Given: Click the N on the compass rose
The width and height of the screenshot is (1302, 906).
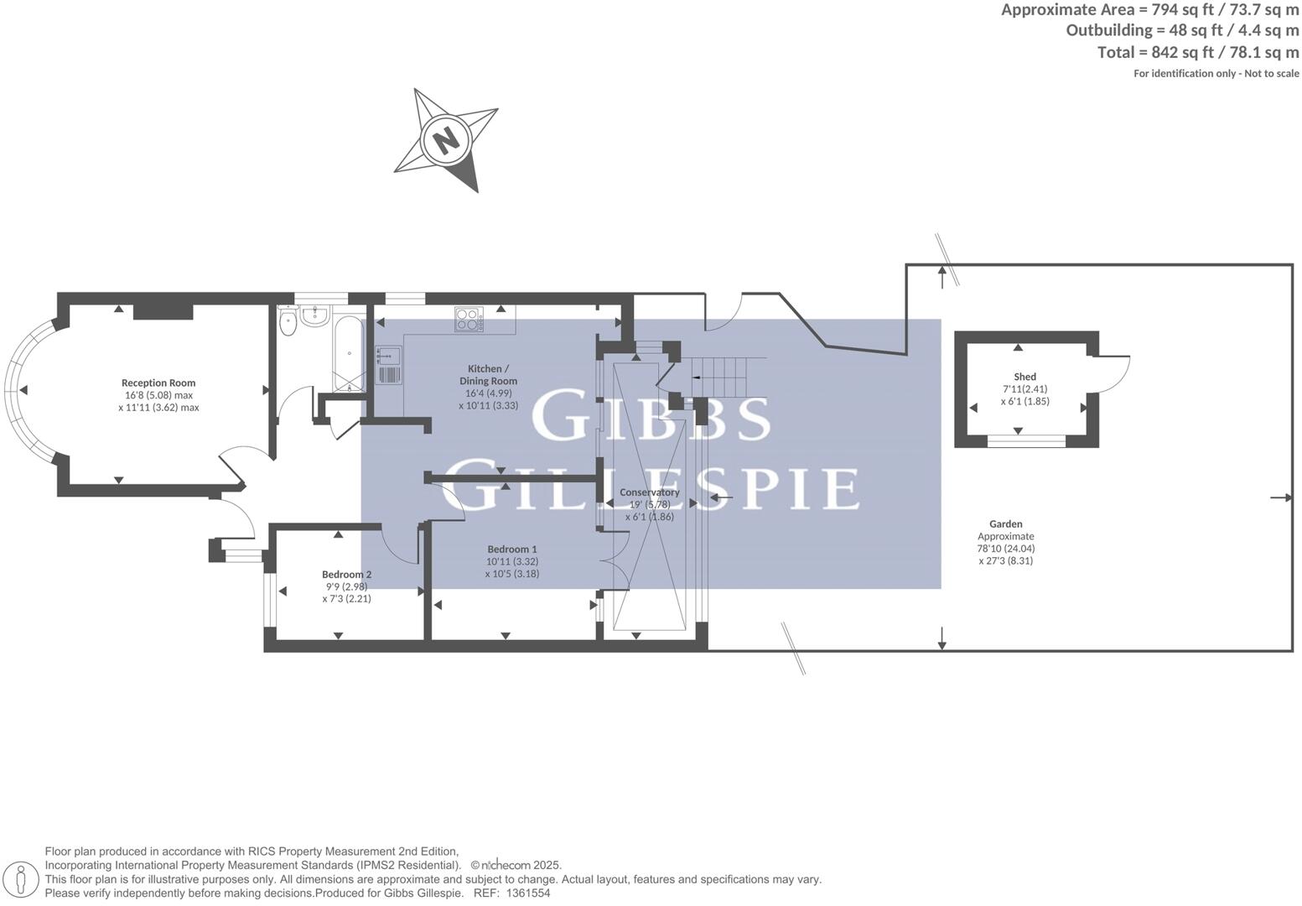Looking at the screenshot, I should click(x=446, y=138).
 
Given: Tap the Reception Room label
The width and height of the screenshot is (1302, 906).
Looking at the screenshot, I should click(x=158, y=383).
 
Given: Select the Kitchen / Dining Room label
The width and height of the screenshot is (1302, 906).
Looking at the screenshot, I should click(x=488, y=374).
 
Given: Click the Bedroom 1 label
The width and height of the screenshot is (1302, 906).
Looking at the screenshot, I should click(x=511, y=549).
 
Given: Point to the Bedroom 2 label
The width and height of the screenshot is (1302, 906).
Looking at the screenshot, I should click(x=346, y=575).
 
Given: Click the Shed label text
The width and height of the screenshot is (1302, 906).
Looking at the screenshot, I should click(x=1024, y=377).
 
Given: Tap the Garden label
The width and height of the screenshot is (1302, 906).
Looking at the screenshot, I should click(x=1005, y=523).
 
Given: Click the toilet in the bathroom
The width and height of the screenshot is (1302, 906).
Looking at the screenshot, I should click(x=288, y=323).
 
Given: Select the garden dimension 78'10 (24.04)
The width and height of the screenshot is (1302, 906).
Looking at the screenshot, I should click(x=1005, y=549).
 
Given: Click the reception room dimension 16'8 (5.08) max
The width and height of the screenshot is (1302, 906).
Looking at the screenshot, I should click(x=158, y=395).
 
